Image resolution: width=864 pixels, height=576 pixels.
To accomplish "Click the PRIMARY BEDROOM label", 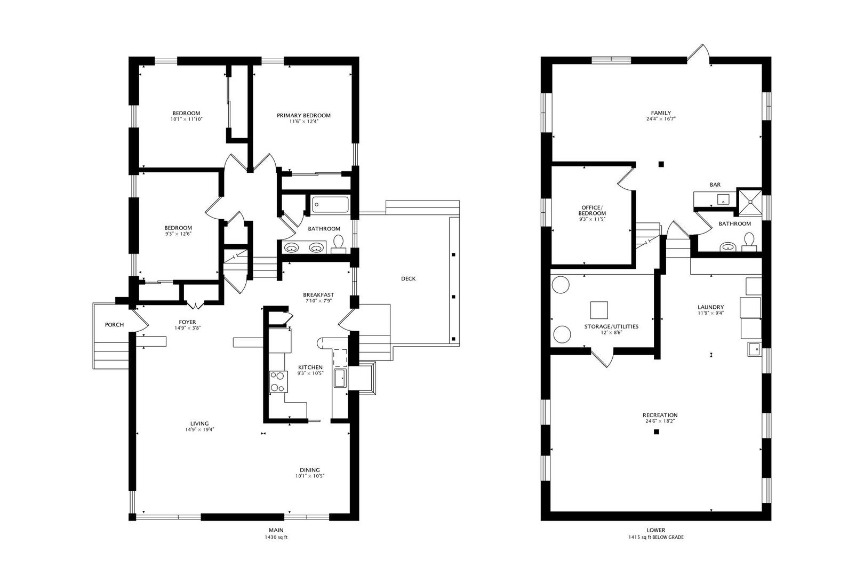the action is click(303, 115).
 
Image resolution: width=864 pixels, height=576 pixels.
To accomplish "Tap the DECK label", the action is click(408, 278).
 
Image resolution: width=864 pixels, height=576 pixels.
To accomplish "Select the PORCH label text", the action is click(114, 325).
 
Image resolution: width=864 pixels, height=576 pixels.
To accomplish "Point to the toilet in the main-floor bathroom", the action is click(338, 244).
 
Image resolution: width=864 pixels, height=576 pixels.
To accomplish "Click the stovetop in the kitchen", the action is click(278, 381).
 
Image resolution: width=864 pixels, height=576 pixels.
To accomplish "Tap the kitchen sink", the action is click(340, 378).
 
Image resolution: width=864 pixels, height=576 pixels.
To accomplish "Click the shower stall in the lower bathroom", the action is click(750, 202).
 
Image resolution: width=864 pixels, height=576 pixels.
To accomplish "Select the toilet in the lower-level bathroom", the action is click(749, 242).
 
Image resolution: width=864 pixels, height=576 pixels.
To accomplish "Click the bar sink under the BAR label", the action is click(723, 199).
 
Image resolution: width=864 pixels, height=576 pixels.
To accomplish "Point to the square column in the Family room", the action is click(661, 164).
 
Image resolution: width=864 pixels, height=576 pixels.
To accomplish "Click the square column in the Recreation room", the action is click(656, 432).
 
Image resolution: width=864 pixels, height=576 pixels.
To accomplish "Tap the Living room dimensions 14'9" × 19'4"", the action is click(199, 429).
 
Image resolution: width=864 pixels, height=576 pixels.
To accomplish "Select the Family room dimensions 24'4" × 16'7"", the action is click(661, 119).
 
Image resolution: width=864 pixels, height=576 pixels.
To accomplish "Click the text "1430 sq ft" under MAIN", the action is click(276, 537).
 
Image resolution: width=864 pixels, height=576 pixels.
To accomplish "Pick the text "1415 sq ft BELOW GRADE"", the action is click(655, 537).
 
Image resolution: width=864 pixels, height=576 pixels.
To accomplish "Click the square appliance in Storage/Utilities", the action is click(599, 310).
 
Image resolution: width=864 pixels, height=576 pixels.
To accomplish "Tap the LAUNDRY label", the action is click(710, 307).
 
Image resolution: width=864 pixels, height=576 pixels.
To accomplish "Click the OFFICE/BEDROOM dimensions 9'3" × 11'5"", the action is click(592, 219).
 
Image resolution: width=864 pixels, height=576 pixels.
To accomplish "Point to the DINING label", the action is click(310, 470).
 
